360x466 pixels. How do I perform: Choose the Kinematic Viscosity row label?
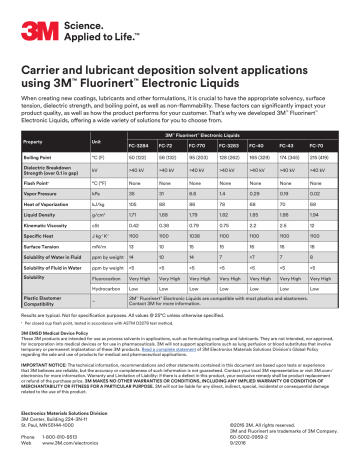click(x=50, y=244)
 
